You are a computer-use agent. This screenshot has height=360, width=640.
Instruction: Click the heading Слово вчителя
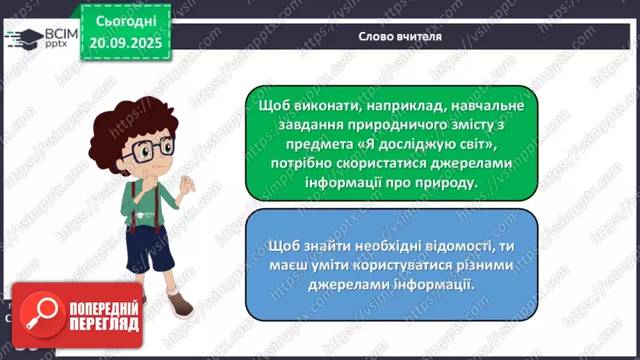[x=400, y=35]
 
